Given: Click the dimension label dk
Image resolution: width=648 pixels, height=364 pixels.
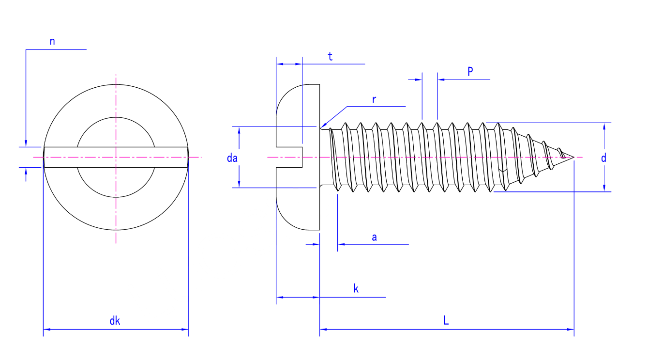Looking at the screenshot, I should [x=115, y=320].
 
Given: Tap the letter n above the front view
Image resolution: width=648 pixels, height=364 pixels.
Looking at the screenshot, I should [x=52, y=42].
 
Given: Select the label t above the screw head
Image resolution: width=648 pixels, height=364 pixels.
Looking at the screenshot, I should [x=330, y=57].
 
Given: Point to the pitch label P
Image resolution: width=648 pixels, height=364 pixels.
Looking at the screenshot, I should [x=470, y=72].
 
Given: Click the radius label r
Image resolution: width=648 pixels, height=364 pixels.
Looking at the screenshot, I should [x=374, y=100].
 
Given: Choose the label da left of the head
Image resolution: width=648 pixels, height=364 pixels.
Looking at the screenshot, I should [x=232, y=158].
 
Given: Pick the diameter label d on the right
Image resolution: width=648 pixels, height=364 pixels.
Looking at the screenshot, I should [x=603, y=158].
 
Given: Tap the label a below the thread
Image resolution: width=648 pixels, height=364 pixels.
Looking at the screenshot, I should [x=374, y=237].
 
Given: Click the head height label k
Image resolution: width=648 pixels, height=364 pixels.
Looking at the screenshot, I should [x=356, y=289].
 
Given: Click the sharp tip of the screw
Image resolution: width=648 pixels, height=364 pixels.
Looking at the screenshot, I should [x=573, y=157].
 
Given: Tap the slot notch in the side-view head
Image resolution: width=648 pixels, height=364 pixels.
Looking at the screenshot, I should [x=289, y=157].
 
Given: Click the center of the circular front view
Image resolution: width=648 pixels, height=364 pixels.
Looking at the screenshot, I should [x=116, y=157].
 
